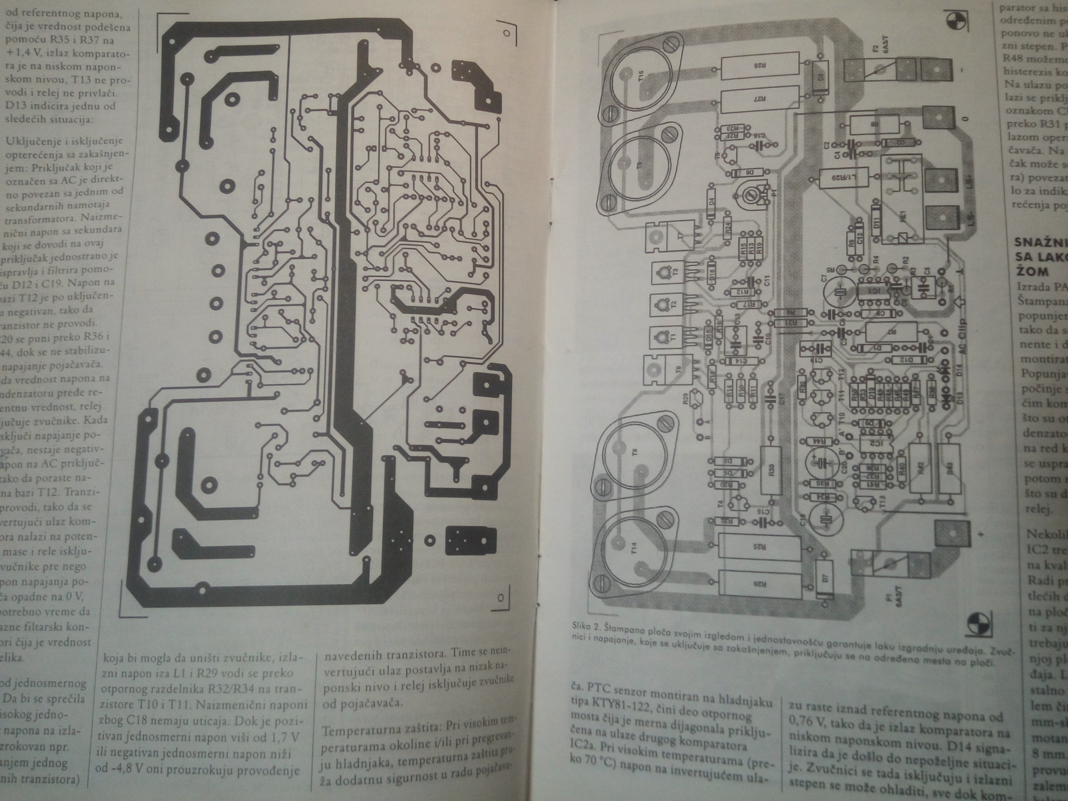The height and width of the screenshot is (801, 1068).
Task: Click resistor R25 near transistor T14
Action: (x=760, y=547)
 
